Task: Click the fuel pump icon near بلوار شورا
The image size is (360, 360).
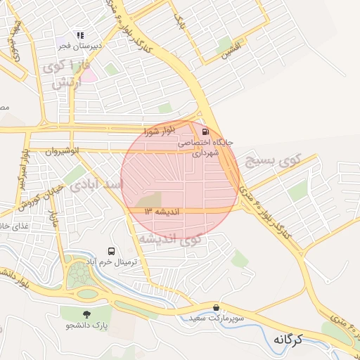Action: pyautogui.click(x=205, y=131)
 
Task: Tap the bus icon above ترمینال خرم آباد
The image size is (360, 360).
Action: pyautogui.click(x=110, y=251)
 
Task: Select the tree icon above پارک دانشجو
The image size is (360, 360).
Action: pyautogui.click(x=86, y=314)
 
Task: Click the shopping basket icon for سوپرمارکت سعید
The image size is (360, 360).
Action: pyautogui.click(x=216, y=307)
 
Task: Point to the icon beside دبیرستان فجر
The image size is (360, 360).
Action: pyautogui.click(x=80, y=34)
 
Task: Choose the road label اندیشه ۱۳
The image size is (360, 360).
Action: pyautogui.click(x=162, y=211)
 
